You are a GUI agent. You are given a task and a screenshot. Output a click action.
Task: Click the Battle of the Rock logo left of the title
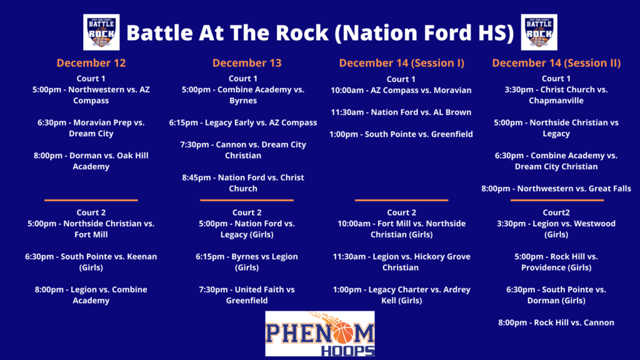[101, 32]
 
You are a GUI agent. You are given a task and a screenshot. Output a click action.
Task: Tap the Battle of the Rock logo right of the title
[539, 32]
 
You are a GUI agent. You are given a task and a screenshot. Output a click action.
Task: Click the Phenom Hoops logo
[319, 334]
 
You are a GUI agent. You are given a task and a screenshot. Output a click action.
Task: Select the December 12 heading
[91, 63]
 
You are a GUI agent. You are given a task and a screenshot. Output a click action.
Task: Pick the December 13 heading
[247, 63]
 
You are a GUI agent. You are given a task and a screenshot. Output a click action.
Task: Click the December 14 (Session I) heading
[402, 63]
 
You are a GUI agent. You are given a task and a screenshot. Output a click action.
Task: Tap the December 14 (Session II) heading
[556, 63]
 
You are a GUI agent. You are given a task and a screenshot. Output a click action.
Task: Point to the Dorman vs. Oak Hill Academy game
[91, 161]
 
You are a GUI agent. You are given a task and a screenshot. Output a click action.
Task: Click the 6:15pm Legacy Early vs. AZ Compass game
[243, 122]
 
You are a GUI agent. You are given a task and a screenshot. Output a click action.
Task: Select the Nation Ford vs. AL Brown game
[401, 112]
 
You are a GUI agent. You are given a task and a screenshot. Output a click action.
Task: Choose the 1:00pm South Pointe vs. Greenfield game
[401, 134]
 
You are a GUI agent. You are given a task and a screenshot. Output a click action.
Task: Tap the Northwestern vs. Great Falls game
[556, 189]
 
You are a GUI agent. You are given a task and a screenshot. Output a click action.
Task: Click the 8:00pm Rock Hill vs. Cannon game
[556, 322]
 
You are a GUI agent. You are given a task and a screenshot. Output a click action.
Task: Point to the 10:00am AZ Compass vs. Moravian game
[401, 90]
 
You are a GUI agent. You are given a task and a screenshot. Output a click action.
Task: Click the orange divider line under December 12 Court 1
[91, 200]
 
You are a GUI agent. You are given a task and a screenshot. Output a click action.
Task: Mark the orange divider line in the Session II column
[557, 200]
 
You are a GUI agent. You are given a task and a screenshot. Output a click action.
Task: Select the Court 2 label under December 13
[247, 212]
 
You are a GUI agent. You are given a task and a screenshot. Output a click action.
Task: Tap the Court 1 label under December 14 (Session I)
[401, 79]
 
